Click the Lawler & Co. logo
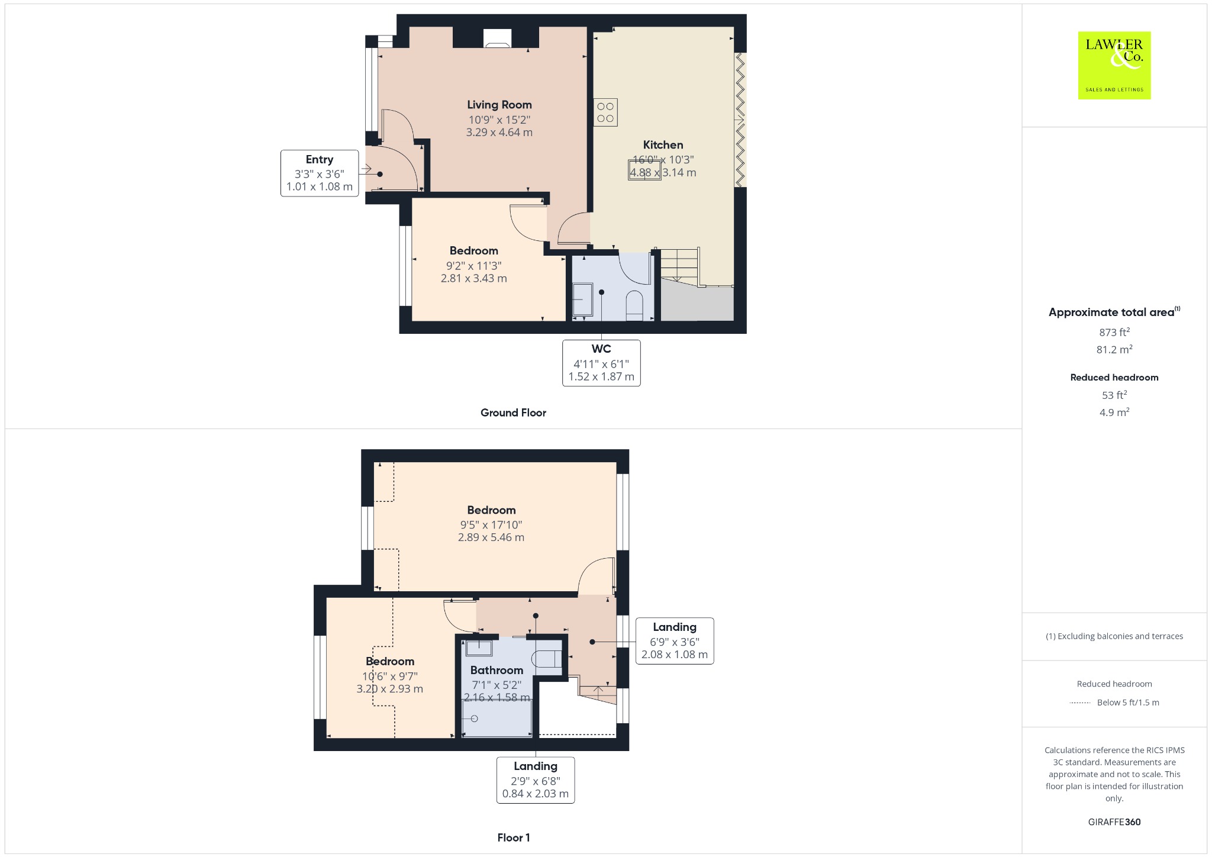point(1114,65)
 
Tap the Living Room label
point(499,105)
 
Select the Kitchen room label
point(663,145)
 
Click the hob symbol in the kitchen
point(605,112)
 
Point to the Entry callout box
point(320,173)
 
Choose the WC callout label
point(601,363)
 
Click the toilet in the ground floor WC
point(634,305)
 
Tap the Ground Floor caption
point(513,413)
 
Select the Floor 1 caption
point(514,837)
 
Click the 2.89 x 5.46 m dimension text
point(491,537)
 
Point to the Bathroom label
point(497,671)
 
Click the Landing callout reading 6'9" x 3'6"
point(675,641)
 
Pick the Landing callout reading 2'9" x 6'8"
point(536,780)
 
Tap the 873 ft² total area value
point(1114,332)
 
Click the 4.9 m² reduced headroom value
point(1114,412)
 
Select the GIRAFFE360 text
point(1114,822)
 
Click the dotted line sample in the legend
point(1080,703)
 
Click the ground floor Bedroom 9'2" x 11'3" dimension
point(474,266)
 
